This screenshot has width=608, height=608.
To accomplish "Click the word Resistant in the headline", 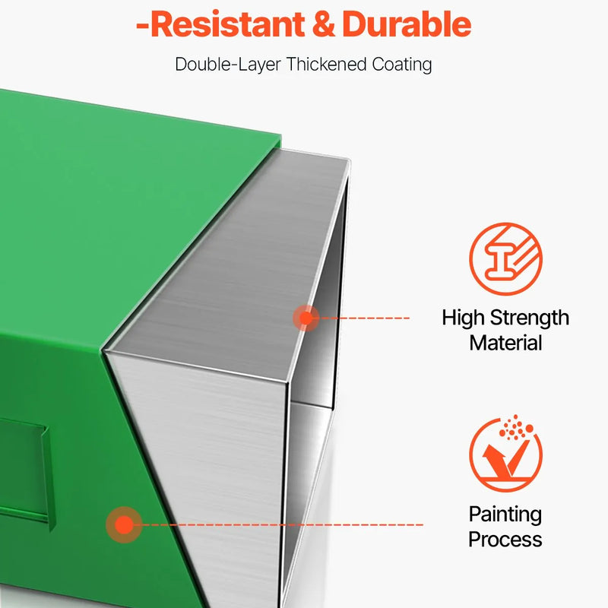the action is click(x=227, y=24).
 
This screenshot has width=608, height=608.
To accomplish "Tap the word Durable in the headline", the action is click(x=407, y=24).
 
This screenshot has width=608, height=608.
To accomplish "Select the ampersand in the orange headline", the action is click(x=323, y=24).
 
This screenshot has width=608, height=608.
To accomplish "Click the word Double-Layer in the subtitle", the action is click(x=227, y=65).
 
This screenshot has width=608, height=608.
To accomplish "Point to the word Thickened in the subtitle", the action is click(x=327, y=64).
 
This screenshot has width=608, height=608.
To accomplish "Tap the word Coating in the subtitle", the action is click(x=402, y=65).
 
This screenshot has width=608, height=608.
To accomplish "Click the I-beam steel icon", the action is click(x=505, y=259).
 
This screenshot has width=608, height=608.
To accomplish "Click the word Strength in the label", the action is click(x=530, y=318).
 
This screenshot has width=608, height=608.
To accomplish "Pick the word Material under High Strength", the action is click(x=505, y=343).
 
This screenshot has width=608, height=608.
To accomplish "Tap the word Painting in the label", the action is click(x=505, y=515).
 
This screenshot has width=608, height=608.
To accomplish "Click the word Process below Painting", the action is click(x=505, y=540).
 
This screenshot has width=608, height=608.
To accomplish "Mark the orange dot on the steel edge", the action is click(x=306, y=318).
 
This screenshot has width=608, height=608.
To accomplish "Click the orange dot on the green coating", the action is click(x=124, y=524).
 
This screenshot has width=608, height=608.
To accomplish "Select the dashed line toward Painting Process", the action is click(x=278, y=524).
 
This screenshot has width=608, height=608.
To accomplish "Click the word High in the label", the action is click(x=464, y=318).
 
